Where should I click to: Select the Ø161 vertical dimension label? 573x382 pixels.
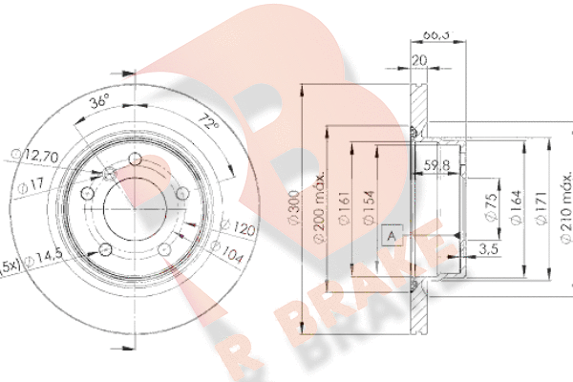pyautogui.click(x=343, y=210)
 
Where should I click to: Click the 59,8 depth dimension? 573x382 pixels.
pyautogui.click(x=437, y=164)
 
